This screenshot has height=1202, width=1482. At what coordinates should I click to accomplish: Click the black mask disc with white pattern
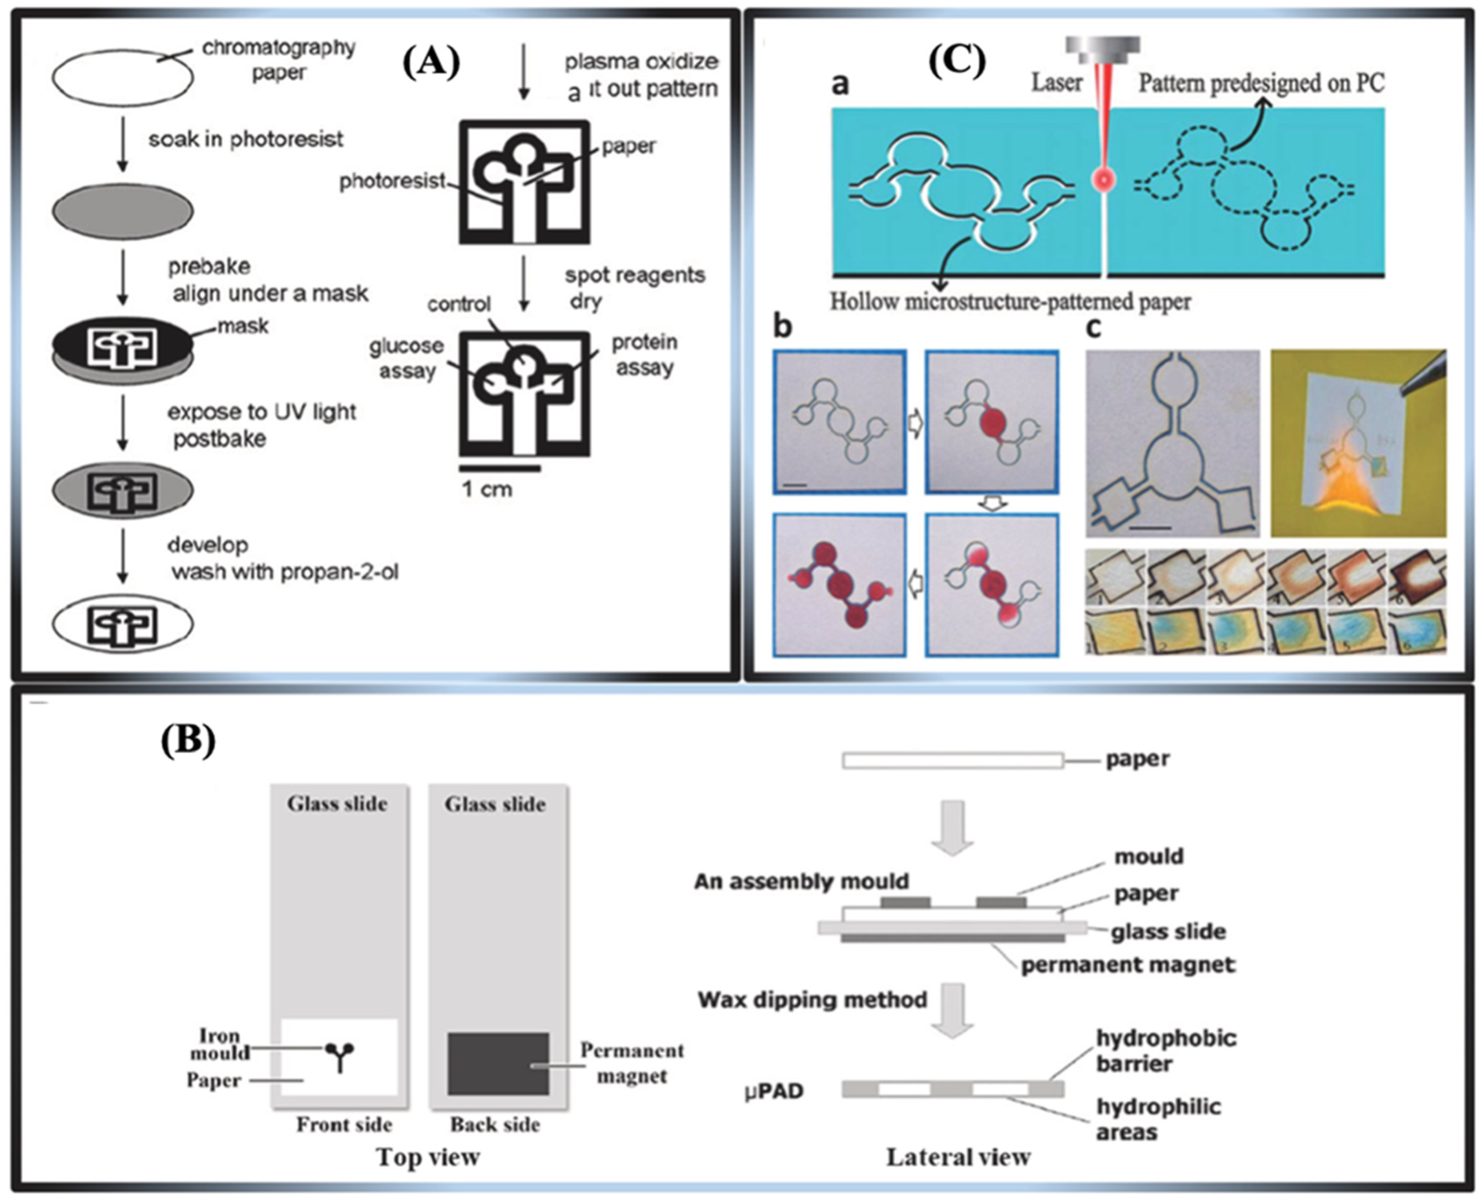[x=123, y=344]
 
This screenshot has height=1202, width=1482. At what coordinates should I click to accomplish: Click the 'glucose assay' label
[x=406, y=358]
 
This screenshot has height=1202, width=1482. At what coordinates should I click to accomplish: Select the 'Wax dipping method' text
[x=812, y=1000]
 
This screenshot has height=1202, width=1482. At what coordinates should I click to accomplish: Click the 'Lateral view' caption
[x=958, y=1157]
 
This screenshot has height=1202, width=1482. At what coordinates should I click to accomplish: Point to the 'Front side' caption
[x=344, y=1125]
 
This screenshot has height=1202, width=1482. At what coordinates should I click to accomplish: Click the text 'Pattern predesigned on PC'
[x=1261, y=83]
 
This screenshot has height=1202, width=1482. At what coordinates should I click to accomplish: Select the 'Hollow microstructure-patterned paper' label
[x=1010, y=302]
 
